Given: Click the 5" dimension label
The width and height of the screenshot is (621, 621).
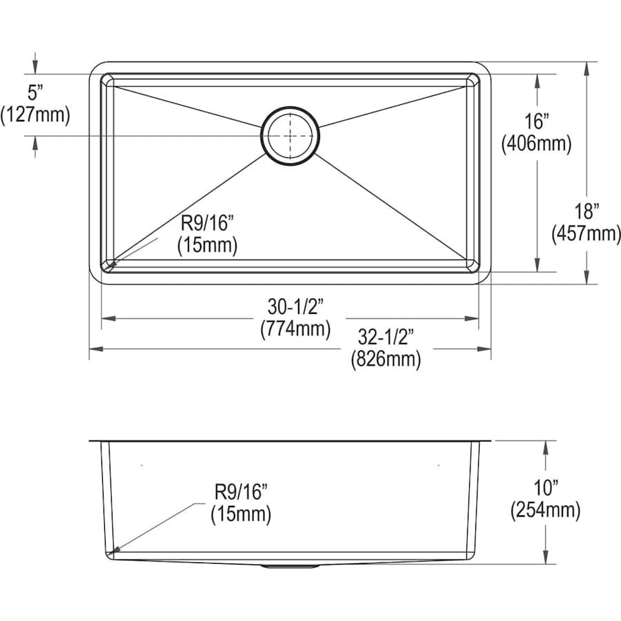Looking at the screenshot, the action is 35,93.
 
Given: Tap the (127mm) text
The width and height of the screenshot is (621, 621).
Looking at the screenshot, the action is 35,115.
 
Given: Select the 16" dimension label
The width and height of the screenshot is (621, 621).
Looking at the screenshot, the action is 537,121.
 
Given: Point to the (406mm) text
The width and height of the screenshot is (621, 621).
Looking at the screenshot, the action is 536,143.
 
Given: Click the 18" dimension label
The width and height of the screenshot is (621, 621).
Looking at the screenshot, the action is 586,211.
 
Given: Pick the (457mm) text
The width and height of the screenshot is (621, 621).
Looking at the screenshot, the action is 586,233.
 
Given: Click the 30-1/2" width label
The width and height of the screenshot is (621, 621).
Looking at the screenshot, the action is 295,306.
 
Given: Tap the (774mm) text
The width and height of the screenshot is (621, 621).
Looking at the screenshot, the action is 295,328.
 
